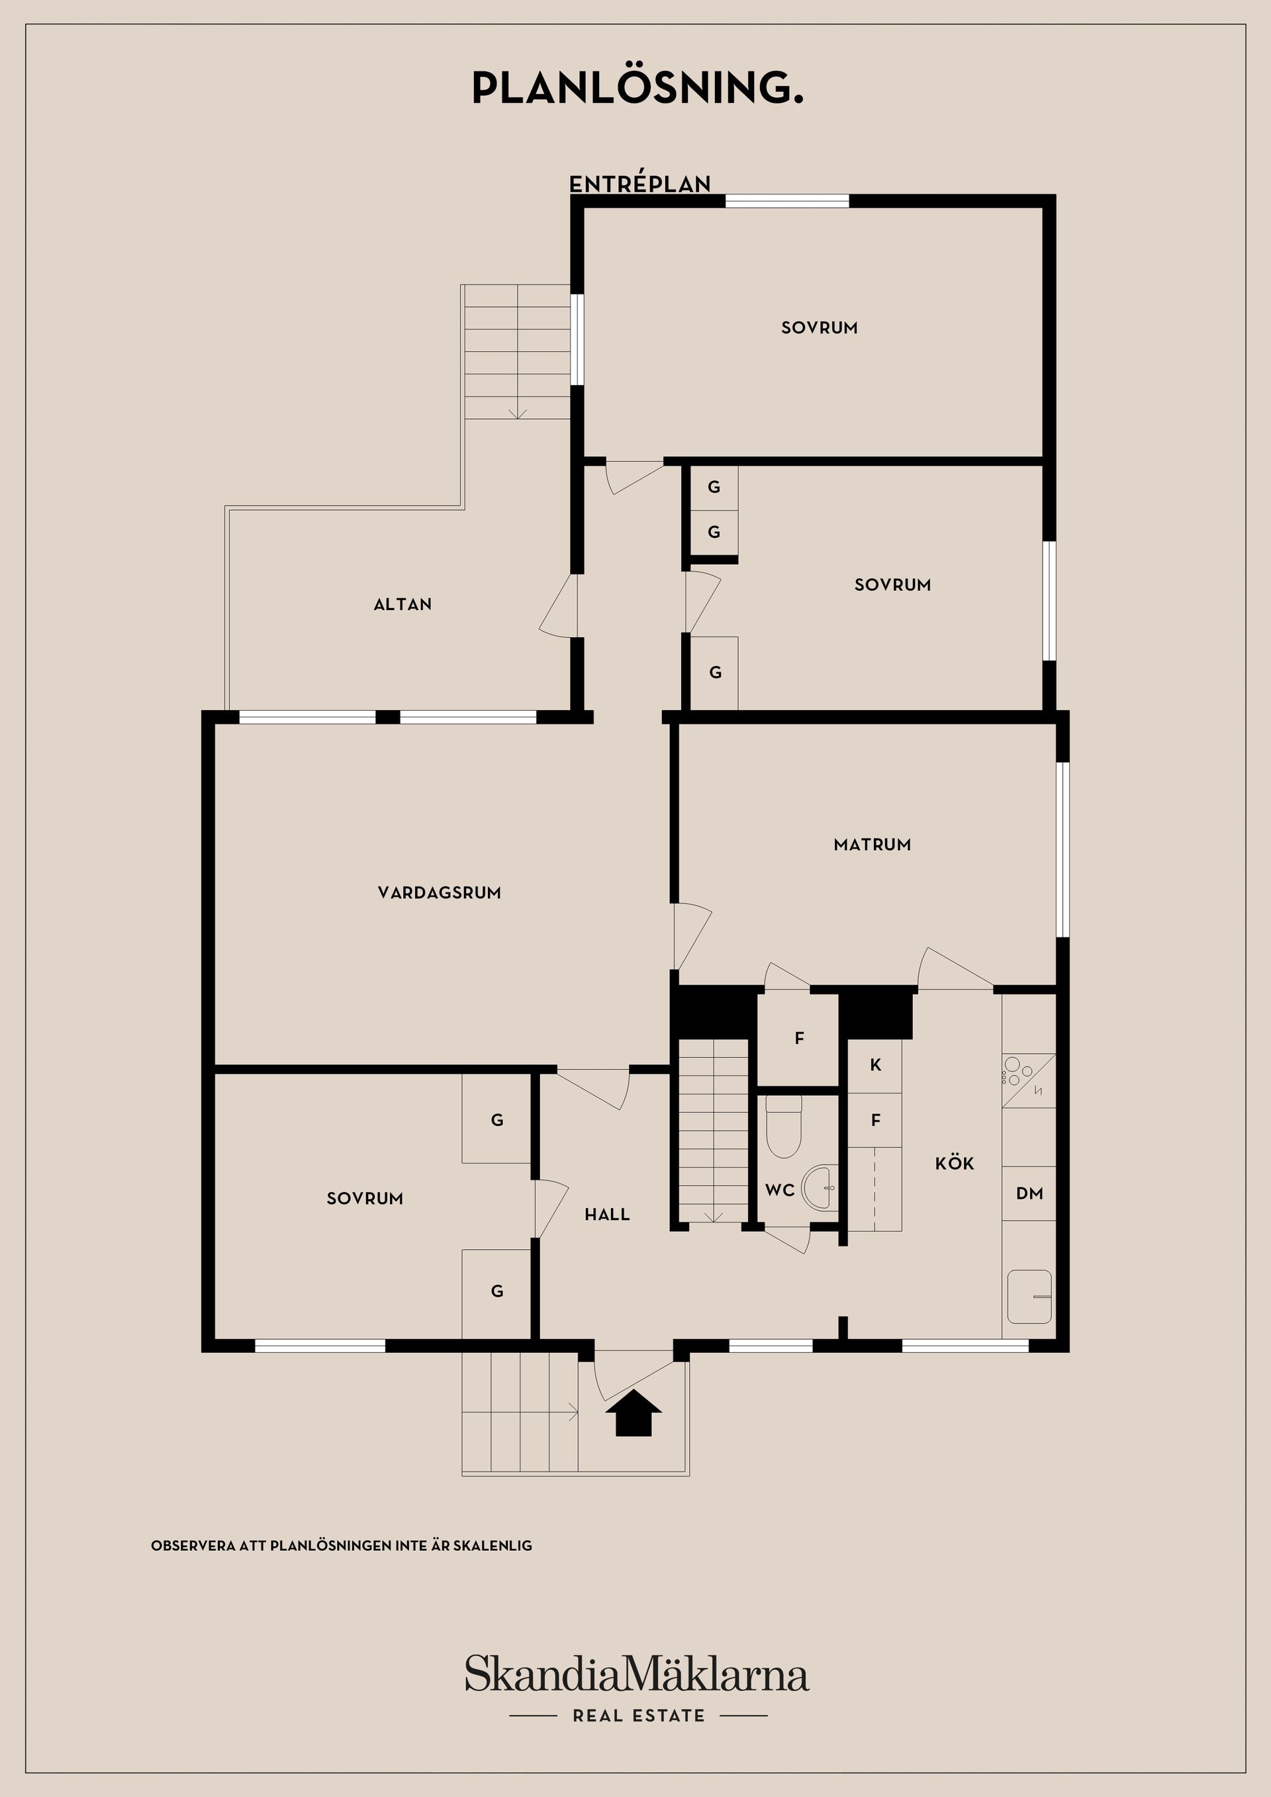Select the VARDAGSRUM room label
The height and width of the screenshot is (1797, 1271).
440,893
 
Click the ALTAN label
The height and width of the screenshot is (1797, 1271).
402,604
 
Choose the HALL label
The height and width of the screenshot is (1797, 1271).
607,1215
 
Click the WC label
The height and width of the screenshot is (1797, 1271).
780,1190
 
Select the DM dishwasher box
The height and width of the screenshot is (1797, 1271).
1029,1193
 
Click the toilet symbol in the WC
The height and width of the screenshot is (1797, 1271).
783,1127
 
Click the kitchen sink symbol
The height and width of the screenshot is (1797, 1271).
1029,1297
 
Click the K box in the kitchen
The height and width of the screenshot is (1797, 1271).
874,1065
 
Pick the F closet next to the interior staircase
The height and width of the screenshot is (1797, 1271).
799,1039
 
